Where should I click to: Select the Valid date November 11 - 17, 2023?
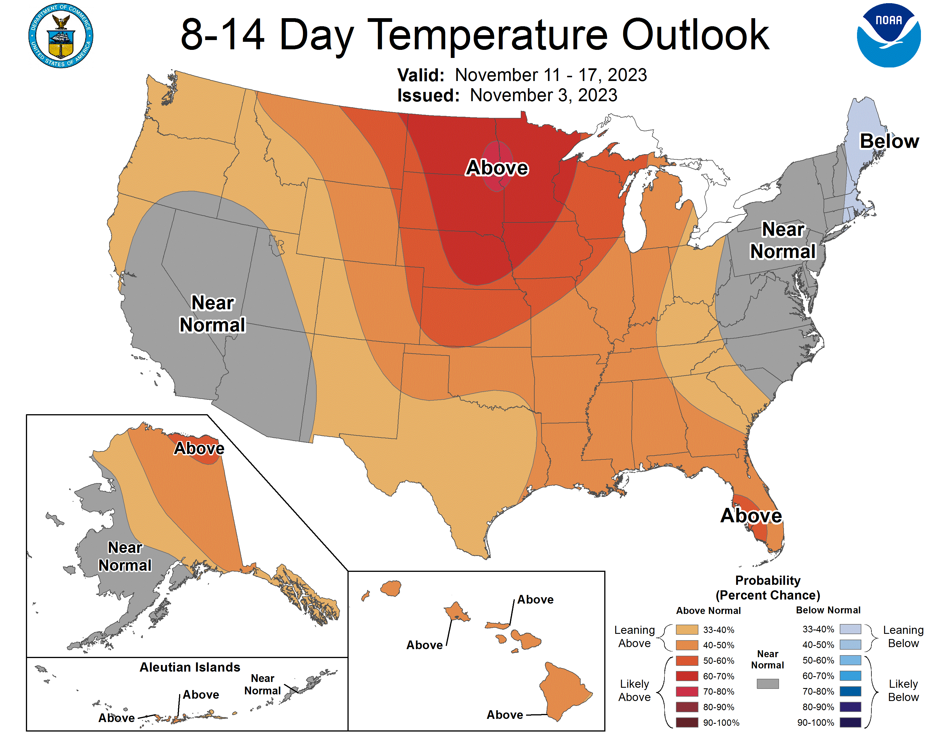(551, 75)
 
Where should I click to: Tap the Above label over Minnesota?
(497, 168)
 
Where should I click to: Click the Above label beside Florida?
(751, 516)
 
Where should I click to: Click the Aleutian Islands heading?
(190, 667)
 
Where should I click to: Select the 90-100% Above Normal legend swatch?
(687, 722)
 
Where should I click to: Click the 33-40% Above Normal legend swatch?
(687, 630)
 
